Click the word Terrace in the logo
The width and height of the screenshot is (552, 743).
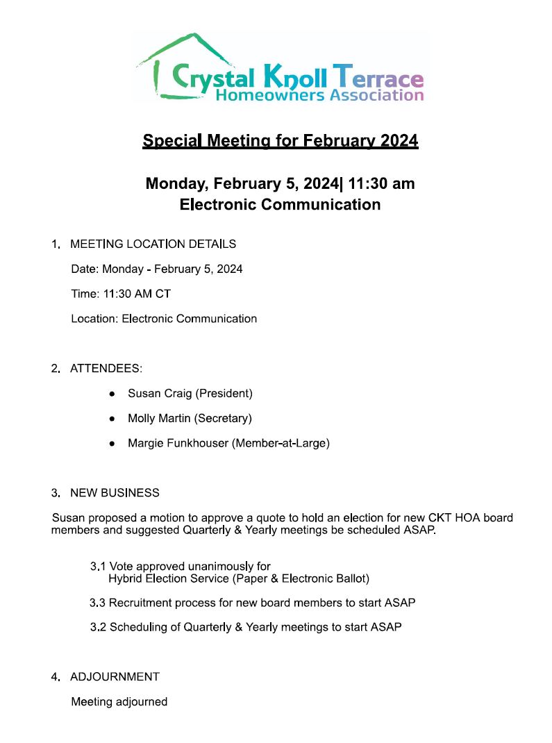(378, 74)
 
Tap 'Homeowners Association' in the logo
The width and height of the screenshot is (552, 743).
(319, 94)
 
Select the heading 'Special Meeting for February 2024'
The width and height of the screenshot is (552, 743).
(280, 141)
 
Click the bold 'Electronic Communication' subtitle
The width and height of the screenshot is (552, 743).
(280, 205)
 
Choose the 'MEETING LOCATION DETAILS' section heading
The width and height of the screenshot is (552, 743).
(153, 244)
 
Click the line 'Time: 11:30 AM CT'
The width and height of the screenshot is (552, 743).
(121, 294)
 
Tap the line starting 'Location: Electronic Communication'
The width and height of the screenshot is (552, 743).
(164, 319)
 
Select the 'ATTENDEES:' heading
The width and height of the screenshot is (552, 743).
(106, 368)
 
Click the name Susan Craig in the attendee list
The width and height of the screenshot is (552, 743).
(160, 394)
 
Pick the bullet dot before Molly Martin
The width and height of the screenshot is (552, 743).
(112, 419)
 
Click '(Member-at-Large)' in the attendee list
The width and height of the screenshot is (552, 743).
(281, 443)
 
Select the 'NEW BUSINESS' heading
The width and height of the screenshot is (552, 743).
(115, 493)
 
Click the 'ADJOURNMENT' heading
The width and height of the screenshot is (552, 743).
(115, 677)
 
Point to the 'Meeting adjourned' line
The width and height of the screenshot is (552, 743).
(119, 702)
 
